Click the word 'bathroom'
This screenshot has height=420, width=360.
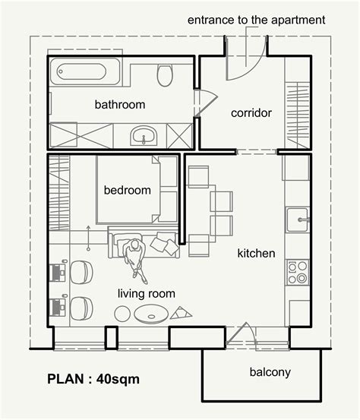click(119, 104)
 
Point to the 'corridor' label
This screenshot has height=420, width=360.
click(251, 113)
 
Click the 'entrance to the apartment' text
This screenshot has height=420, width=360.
click(257, 19)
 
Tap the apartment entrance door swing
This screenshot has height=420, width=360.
click(248, 61)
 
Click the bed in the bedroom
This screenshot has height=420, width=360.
click(135, 190)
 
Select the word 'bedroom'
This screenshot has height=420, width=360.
click(128, 191)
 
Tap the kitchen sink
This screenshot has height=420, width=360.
click(297, 220)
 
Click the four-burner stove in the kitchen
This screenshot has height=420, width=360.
click(297, 272)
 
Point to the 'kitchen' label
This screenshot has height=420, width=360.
click(256, 253)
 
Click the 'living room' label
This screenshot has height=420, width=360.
click(147, 293)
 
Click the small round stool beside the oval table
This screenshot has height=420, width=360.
click(122, 313)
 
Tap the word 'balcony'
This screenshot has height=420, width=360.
click(270, 372)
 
